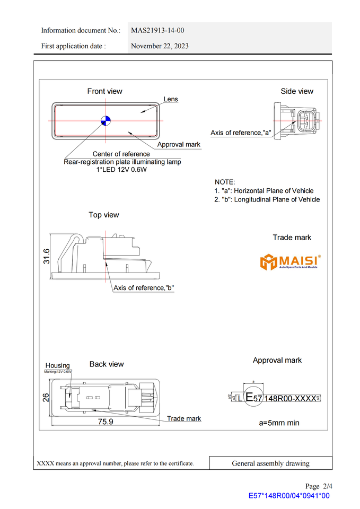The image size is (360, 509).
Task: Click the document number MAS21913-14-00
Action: [x=157, y=30]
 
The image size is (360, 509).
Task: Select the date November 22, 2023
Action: [x=160, y=46]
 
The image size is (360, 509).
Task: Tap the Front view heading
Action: [x=104, y=91]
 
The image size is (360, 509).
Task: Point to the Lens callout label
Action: [x=171, y=99]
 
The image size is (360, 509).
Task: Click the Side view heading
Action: [x=297, y=91]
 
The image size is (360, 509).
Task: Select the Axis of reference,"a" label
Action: [x=241, y=133]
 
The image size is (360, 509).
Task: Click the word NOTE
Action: [x=225, y=182]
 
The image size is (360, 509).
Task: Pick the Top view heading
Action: [x=104, y=215]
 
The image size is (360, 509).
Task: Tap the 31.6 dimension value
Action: [x=47, y=256]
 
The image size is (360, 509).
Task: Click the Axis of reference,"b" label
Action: [x=144, y=288]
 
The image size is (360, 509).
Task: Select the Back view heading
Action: [x=107, y=364]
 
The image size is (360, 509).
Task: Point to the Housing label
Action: [x=57, y=365]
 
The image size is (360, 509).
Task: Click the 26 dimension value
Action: [x=46, y=397]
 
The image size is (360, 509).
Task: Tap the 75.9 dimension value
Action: [x=105, y=422]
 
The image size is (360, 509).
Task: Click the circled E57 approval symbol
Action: [x=253, y=398]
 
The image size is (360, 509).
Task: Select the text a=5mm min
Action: [x=279, y=423]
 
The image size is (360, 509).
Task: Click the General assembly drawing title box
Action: [x=270, y=463]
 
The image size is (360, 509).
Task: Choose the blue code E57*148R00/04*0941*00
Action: [x=289, y=496]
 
